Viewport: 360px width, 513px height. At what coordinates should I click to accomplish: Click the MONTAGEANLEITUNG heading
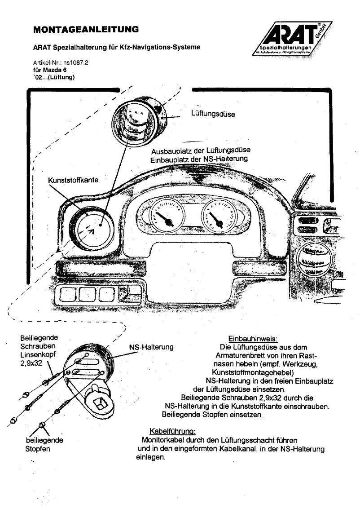[85, 30]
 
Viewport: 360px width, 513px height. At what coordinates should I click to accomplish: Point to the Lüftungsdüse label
[213, 114]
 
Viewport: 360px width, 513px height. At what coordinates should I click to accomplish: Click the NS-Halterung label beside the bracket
[151, 347]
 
